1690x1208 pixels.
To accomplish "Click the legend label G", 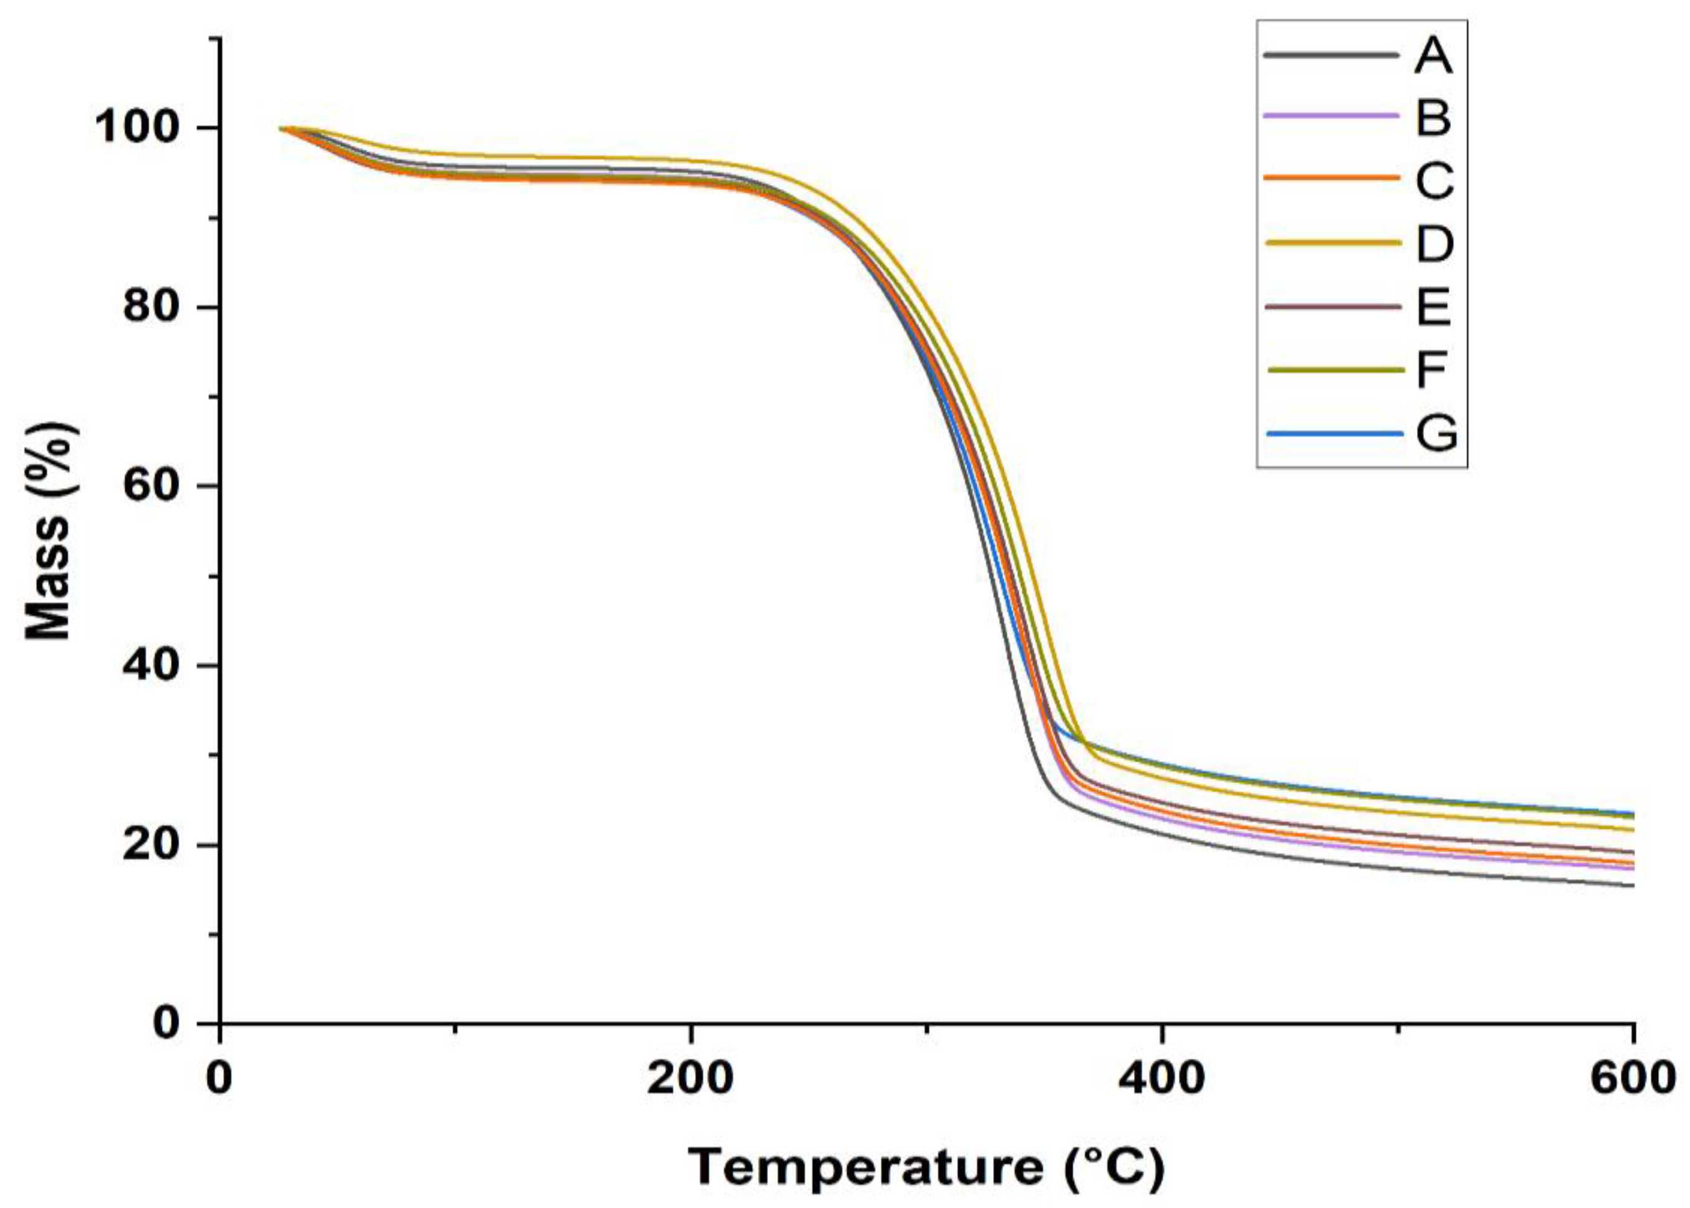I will (1436, 432).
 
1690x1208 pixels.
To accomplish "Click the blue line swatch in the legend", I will (1329, 433).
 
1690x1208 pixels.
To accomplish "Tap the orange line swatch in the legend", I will (1329, 179).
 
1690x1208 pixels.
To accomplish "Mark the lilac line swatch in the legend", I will (1329, 116).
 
